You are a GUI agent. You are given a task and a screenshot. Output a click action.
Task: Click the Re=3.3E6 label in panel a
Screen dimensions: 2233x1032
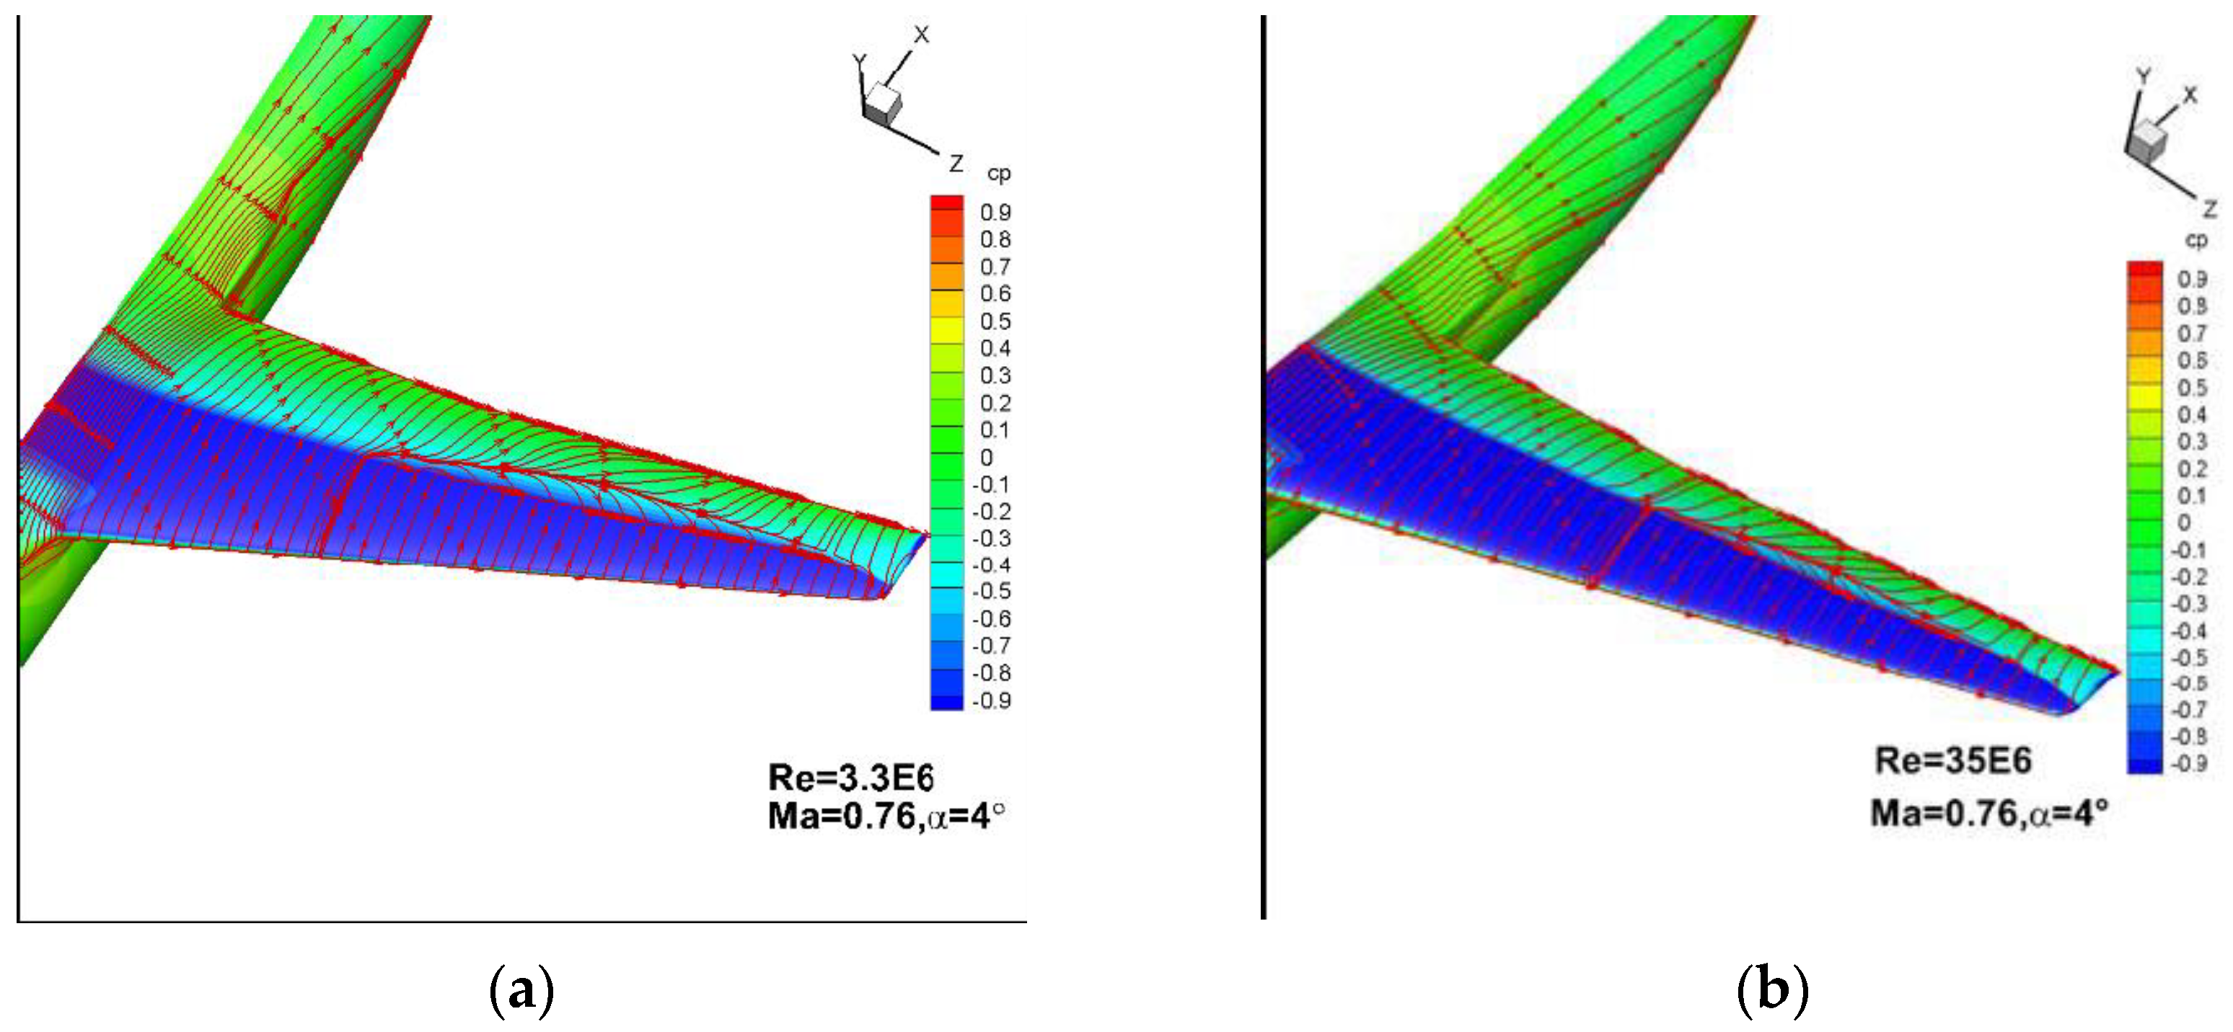[850, 778]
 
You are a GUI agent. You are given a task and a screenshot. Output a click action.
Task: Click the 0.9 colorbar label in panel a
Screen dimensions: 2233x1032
[995, 213]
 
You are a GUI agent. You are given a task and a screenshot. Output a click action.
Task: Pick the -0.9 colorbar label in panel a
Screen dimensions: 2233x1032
[992, 700]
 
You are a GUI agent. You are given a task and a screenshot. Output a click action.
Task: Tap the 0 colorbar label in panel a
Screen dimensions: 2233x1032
[987, 458]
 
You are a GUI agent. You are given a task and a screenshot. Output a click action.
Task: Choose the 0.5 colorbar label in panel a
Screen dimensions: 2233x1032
[995, 321]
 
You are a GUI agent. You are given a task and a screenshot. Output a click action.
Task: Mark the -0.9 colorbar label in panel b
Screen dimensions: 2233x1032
[2189, 763]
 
